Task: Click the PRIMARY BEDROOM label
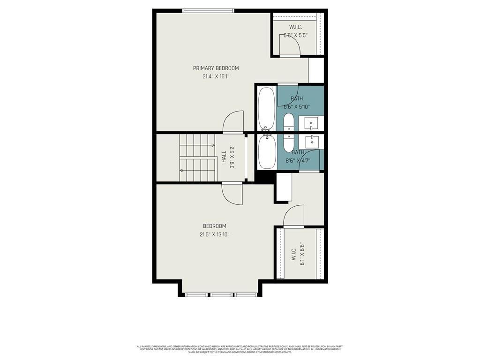(216, 68)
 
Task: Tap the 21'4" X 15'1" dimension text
(216, 76)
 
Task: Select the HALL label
(224, 156)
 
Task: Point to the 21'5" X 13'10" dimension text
(214, 234)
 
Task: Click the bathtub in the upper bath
(267, 109)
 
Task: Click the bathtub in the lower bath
(267, 151)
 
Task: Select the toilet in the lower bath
(289, 142)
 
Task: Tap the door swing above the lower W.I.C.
(294, 216)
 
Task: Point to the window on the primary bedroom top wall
(208, 11)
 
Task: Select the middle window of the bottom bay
(220, 295)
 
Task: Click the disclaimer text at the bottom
(240, 349)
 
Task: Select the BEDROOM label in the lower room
(214, 226)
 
